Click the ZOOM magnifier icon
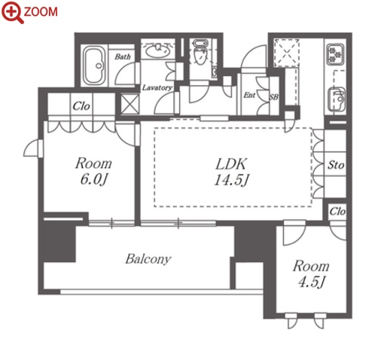pos(13,12)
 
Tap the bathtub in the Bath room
pos(94,66)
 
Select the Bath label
pos(123,56)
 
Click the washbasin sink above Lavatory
pos(158,50)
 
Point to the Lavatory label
pos(157,87)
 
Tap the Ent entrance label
pos(249,95)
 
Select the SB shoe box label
pos(274,96)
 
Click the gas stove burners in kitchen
pos(336,53)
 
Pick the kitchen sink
pos(337,99)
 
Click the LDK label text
pos(231,164)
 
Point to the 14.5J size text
pos(231,180)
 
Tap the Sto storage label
pos(336,165)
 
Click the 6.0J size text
pos(93,179)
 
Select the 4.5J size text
pos(311,282)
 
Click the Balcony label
pos(148,259)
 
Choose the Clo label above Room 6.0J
pos(81,106)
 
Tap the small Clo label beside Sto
pos(337,212)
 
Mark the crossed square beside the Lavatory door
pos(130,103)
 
